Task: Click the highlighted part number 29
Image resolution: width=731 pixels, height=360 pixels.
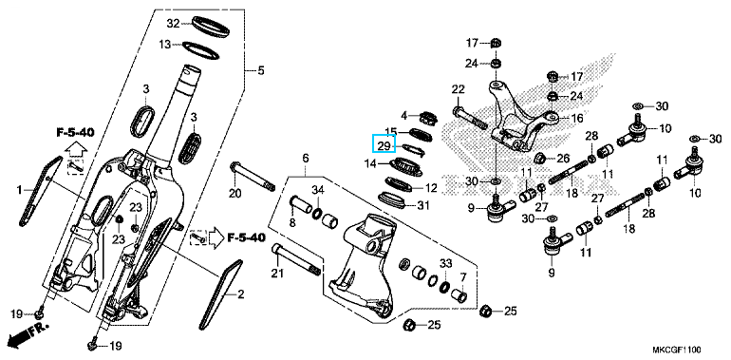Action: pyautogui.click(x=384, y=146)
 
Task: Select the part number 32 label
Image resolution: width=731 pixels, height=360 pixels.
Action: pyautogui.click(x=174, y=24)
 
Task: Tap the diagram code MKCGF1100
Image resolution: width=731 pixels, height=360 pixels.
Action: pyautogui.click(x=677, y=350)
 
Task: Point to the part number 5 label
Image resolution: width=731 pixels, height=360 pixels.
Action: pyautogui.click(x=261, y=70)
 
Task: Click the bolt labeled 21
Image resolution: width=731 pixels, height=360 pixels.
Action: pyautogui.click(x=297, y=259)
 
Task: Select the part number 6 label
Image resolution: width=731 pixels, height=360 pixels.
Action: pyautogui.click(x=306, y=159)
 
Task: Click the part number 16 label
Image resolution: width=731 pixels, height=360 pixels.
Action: pyautogui.click(x=576, y=119)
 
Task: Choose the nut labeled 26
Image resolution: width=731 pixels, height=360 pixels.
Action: pyautogui.click(x=541, y=159)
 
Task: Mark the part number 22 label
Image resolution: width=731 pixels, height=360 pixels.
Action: pyautogui.click(x=459, y=89)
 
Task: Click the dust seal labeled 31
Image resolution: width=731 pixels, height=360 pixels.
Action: pyautogui.click(x=395, y=199)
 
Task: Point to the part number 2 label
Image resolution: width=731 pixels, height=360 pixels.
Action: pyautogui.click(x=240, y=294)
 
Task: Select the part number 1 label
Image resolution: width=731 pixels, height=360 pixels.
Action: pyautogui.click(x=20, y=190)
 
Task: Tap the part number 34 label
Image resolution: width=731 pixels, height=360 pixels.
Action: pyautogui.click(x=317, y=190)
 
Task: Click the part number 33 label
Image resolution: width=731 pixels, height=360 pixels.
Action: pyautogui.click(x=446, y=264)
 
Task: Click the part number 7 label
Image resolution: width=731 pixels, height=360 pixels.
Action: pyautogui.click(x=463, y=277)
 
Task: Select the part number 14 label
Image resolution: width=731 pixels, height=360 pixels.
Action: pyautogui.click(x=370, y=163)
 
